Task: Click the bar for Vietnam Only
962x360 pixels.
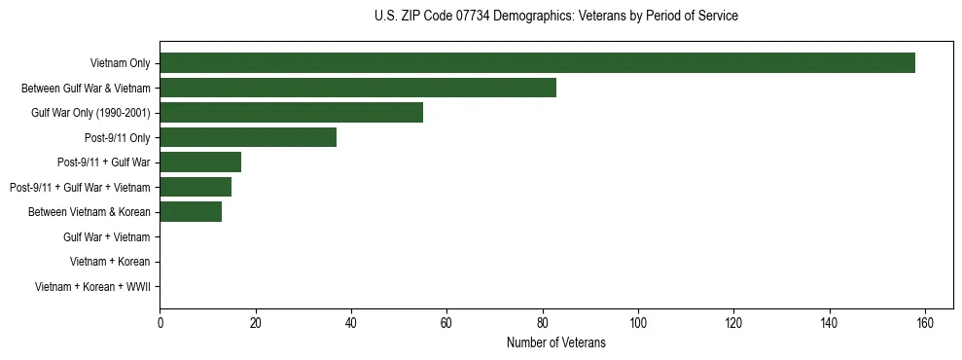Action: pyautogui.click(x=537, y=63)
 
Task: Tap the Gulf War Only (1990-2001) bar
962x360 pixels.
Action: pyautogui.click(x=291, y=113)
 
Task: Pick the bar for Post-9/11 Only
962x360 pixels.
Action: pyautogui.click(x=248, y=137)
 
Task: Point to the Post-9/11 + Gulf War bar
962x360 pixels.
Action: pyautogui.click(x=200, y=162)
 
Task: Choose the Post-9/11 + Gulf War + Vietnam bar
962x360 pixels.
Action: pyautogui.click(x=196, y=187)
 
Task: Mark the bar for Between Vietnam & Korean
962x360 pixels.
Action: pyautogui.click(x=191, y=212)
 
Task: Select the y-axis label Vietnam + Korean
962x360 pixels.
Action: pyautogui.click(x=110, y=262)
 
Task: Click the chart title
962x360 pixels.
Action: pyautogui.click(x=555, y=17)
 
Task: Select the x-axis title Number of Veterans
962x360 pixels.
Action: pyautogui.click(x=555, y=342)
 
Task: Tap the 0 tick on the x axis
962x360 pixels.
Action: pyautogui.click(x=160, y=323)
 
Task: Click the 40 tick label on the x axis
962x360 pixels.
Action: pyautogui.click(x=351, y=323)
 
